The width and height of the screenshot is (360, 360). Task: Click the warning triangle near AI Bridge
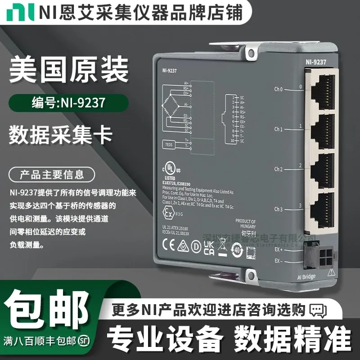click(332, 271)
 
